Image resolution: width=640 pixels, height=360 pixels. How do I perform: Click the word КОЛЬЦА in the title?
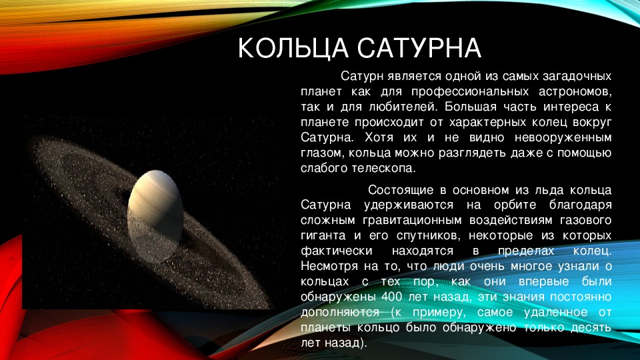click(293, 48)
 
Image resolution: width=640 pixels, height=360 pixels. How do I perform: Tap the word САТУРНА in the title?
click(419, 48)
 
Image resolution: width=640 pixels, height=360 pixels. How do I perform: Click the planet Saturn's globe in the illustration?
click(155, 216)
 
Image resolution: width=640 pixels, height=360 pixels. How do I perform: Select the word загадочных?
click(577, 77)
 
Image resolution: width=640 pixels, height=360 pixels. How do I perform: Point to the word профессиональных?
click(470, 92)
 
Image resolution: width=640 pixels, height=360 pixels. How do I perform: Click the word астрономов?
click(575, 92)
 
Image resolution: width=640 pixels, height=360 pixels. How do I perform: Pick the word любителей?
click(403, 107)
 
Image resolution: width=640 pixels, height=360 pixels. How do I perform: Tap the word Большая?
click(471, 107)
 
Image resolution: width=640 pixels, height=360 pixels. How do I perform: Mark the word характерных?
click(485, 123)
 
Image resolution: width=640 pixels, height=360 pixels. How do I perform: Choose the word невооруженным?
click(563, 137)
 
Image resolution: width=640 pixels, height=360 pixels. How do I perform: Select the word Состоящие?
click(400, 190)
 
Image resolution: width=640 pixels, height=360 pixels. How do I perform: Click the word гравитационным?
click(412, 221)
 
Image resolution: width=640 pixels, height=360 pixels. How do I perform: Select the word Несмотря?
click(330, 266)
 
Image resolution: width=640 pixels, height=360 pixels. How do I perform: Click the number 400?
click(392, 297)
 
